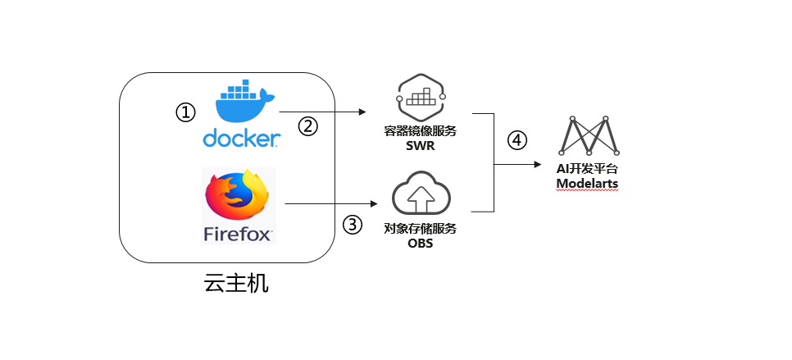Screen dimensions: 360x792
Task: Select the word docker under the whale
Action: (x=240, y=139)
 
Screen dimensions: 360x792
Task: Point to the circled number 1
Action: (x=187, y=113)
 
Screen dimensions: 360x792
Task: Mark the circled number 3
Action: (x=352, y=225)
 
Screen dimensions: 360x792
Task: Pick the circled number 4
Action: (x=517, y=140)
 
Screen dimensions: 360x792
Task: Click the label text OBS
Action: (x=420, y=244)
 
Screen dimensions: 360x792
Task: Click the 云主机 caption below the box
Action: (x=236, y=285)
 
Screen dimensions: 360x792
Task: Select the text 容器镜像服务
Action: (x=420, y=130)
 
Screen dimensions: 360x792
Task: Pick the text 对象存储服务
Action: (x=420, y=230)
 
